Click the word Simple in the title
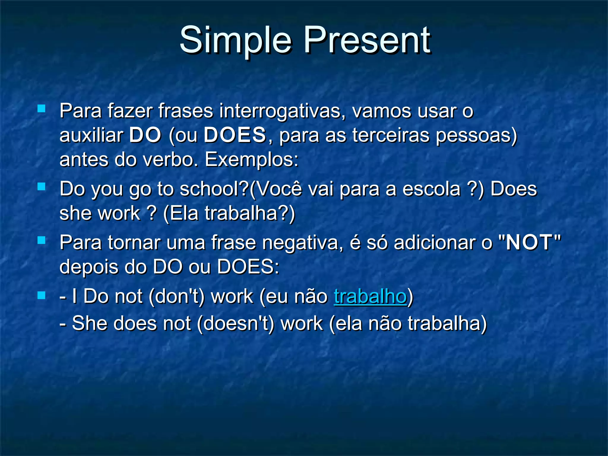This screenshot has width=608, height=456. (x=236, y=40)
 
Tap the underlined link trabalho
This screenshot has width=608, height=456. (x=370, y=296)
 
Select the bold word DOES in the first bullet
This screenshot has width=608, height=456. (x=235, y=135)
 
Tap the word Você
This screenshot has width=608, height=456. (x=276, y=189)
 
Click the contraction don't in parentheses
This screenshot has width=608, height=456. (x=177, y=296)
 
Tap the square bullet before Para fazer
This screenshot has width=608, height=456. (x=42, y=108)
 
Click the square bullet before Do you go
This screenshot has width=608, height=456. (x=42, y=186)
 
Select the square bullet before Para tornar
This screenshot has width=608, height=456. (x=42, y=240)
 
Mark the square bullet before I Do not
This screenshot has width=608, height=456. (x=42, y=295)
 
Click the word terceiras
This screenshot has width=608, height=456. (x=391, y=135)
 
